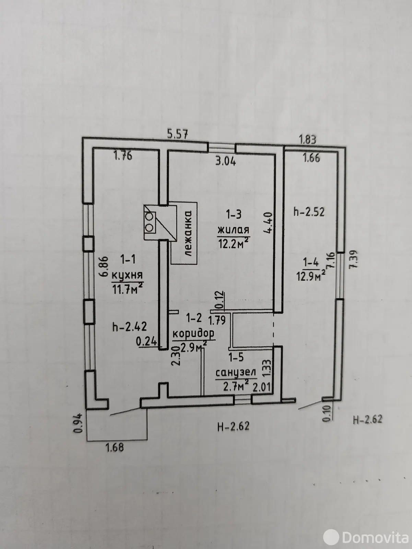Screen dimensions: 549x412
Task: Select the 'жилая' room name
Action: tap(233, 230)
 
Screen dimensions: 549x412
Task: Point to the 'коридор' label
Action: tap(193, 333)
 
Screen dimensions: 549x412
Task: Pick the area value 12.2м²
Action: tap(233, 243)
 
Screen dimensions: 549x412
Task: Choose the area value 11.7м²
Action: tap(127, 289)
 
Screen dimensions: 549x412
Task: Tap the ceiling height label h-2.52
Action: tap(309, 212)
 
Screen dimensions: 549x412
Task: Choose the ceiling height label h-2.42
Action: tap(127, 327)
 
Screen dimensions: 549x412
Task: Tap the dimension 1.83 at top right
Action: tap(307, 140)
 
